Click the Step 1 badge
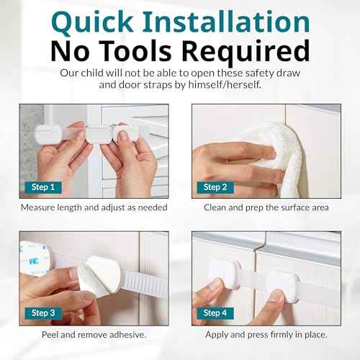(43, 187)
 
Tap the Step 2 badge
(215, 187)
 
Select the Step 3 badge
(43, 313)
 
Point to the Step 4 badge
(215, 313)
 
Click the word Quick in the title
(92, 22)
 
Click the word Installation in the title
(226, 22)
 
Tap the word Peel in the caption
(50, 335)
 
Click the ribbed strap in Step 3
(144, 283)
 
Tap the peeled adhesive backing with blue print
(35, 259)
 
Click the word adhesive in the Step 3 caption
(127, 335)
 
